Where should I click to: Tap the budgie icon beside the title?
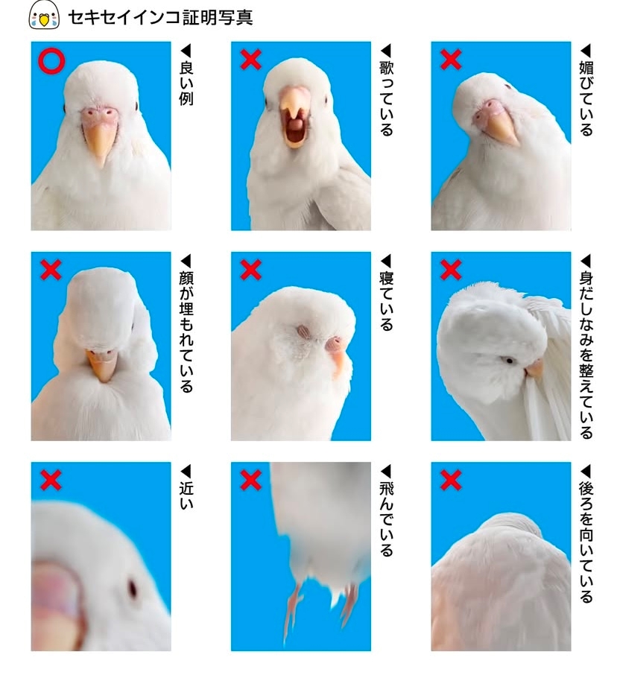click(x=43, y=16)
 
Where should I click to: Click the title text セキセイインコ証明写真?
click(x=159, y=16)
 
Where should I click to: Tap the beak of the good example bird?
click(x=98, y=141)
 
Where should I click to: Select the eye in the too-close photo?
click(x=133, y=589)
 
